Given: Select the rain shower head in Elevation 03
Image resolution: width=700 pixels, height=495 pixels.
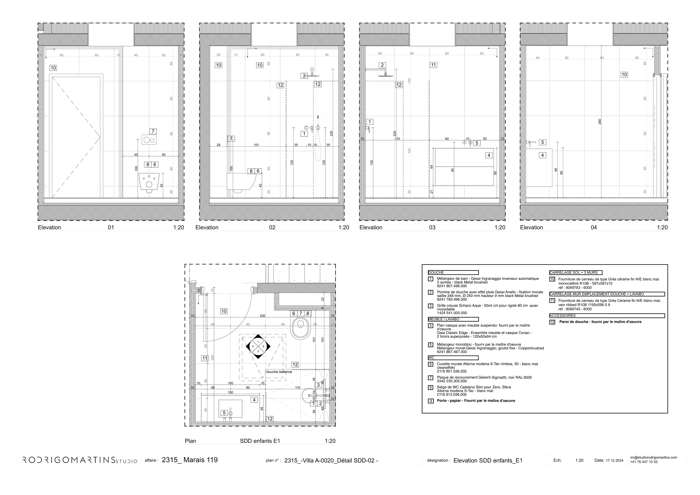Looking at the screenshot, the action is pos(385,75).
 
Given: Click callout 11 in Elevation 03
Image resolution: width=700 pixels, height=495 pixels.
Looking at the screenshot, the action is pos(433,65).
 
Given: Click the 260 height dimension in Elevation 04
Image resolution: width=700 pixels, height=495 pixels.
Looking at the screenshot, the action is pos(600,121).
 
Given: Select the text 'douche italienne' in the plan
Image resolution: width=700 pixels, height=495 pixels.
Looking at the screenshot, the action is pos(279,372).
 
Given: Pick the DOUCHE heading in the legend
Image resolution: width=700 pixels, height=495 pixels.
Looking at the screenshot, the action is pos(436,272).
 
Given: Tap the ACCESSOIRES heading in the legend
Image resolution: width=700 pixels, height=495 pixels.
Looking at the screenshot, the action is pos(563,316).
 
